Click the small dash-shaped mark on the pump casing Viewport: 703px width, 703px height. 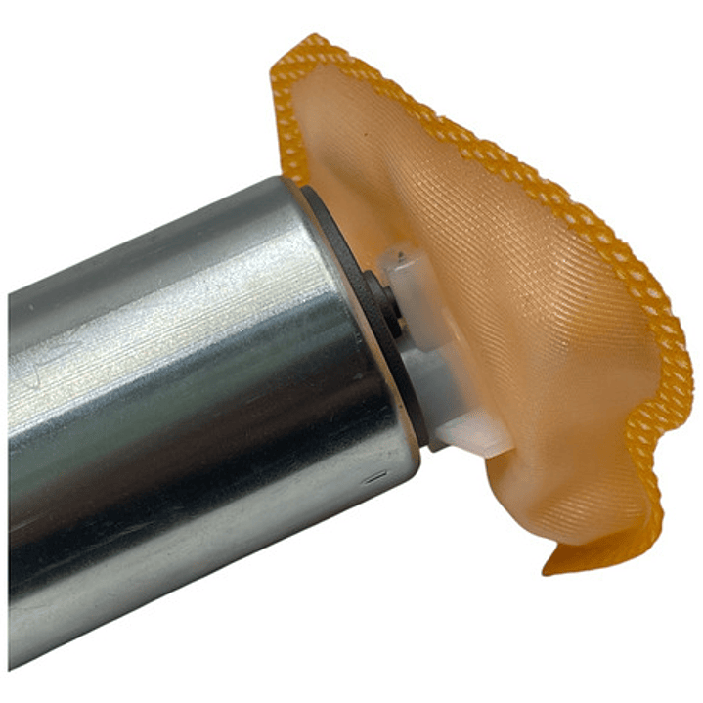click(x=374, y=480)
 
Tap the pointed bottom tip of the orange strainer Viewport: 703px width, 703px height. click(x=547, y=567)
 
